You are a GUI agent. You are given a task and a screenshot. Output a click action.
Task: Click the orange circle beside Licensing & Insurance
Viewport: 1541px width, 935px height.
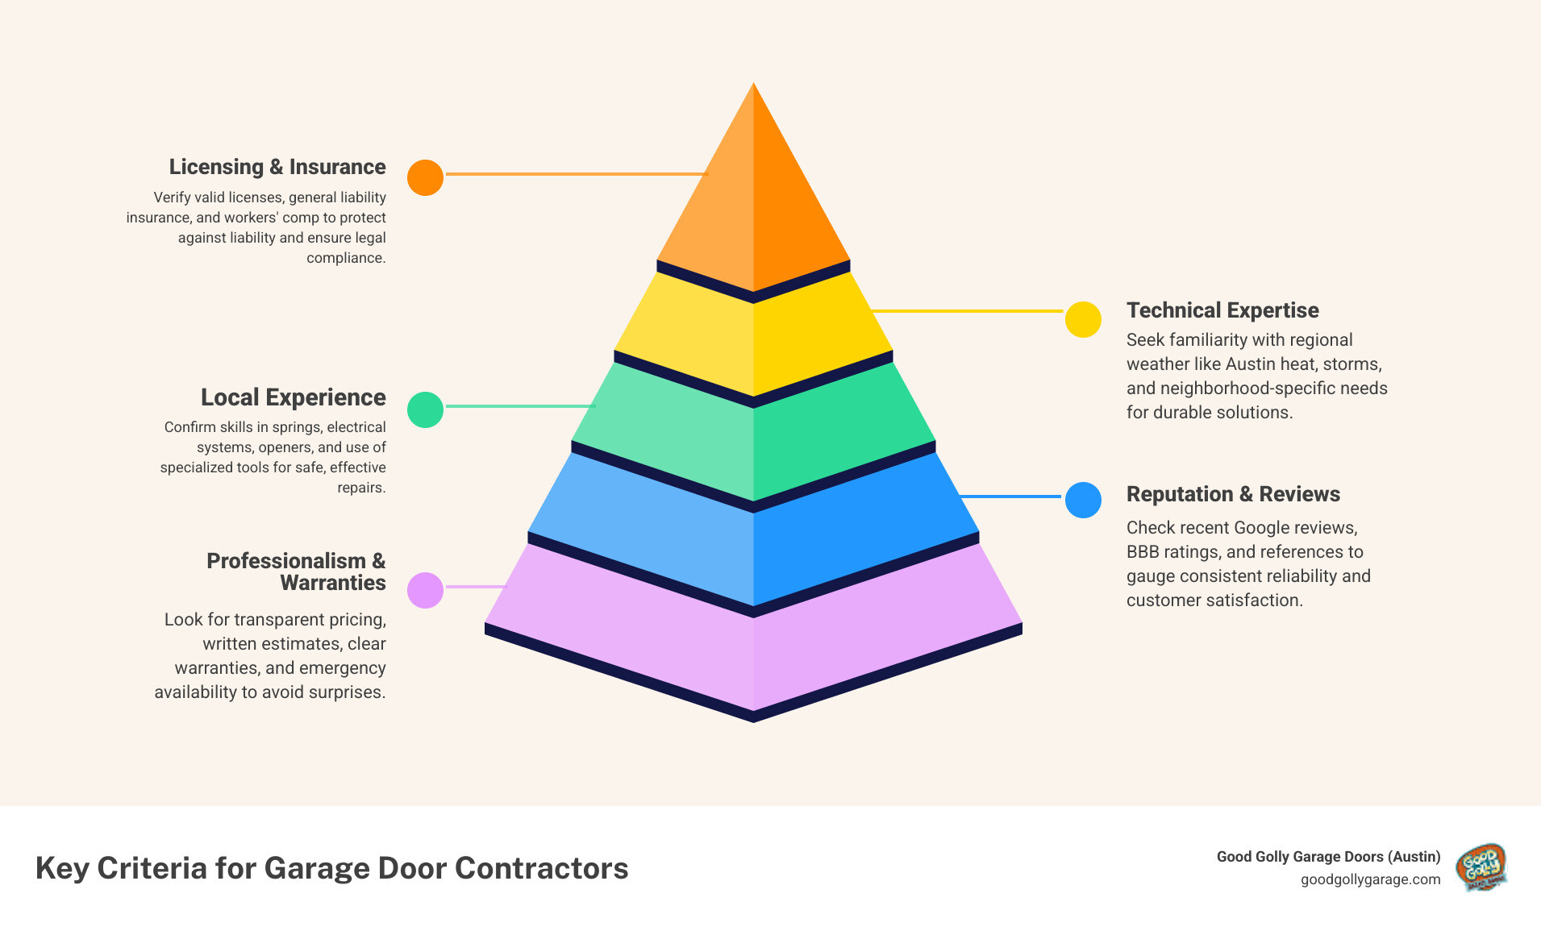pos(425,177)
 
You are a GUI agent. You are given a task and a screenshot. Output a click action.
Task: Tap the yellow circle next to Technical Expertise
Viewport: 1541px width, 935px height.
pos(1083,319)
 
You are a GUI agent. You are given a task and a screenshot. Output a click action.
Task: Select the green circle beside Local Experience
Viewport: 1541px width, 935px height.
pos(425,409)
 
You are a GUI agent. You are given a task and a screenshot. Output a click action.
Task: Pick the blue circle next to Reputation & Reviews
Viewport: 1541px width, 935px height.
pos(1083,500)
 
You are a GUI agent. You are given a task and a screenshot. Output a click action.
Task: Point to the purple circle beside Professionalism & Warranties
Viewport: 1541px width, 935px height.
pos(425,590)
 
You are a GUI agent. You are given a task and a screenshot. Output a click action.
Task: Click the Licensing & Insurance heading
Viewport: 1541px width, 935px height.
pos(277,167)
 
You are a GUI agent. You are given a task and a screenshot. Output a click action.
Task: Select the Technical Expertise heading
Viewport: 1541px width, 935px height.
pos(1222,310)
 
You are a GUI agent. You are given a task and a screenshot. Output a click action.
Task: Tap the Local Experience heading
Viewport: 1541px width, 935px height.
pos(294,397)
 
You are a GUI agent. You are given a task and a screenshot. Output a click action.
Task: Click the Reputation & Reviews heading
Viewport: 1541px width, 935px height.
pos(1233,494)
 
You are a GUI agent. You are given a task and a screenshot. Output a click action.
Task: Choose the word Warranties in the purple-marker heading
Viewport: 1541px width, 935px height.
pos(333,583)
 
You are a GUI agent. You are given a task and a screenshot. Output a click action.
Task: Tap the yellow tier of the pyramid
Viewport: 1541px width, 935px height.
pos(753,339)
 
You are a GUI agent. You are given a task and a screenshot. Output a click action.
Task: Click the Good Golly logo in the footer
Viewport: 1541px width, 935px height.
pos(1481,867)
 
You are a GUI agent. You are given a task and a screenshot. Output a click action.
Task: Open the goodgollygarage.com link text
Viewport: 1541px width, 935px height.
pos(1370,879)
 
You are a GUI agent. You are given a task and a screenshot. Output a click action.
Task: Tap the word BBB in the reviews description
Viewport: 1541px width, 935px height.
pos(1143,552)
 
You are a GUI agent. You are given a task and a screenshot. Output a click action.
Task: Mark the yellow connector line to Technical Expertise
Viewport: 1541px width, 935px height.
pos(968,310)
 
